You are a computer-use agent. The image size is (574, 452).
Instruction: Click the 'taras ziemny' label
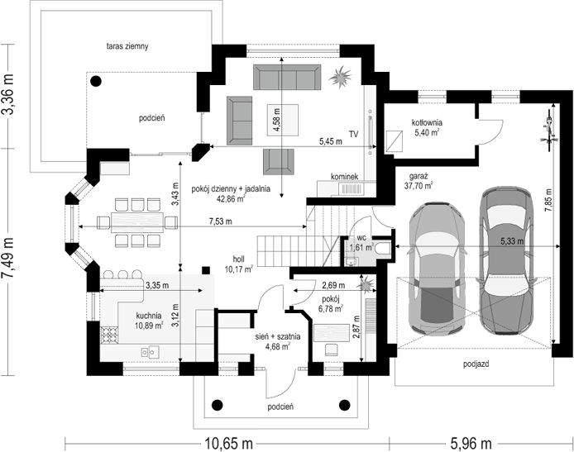click(x=127, y=46)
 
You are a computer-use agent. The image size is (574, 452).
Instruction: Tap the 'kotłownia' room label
click(x=427, y=122)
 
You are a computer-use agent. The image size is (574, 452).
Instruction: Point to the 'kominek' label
click(x=344, y=177)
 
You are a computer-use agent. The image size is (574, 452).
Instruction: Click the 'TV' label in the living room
click(x=353, y=134)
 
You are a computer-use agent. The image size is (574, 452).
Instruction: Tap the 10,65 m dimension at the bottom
click(x=228, y=444)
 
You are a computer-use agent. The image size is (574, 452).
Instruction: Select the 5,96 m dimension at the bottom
click(x=471, y=444)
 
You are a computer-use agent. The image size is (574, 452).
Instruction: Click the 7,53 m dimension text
click(x=220, y=221)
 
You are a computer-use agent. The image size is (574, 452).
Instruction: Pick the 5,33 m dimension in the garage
click(x=512, y=241)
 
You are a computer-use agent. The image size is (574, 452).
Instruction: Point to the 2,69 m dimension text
click(x=333, y=284)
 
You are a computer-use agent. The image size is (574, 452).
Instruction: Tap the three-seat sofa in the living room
click(x=287, y=77)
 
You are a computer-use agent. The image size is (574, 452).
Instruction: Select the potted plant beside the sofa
click(x=341, y=77)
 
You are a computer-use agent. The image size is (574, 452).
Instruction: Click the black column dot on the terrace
click(x=96, y=81)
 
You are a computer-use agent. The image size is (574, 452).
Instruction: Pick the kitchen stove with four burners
click(x=109, y=335)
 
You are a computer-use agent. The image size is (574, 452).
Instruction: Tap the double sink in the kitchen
click(x=150, y=352)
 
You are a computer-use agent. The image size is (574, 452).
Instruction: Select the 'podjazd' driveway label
click(x=476, y=364)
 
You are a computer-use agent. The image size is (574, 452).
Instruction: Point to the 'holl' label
click(x=239, y=259)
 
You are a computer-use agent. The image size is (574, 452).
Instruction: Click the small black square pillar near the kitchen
click(x=206, y=270)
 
